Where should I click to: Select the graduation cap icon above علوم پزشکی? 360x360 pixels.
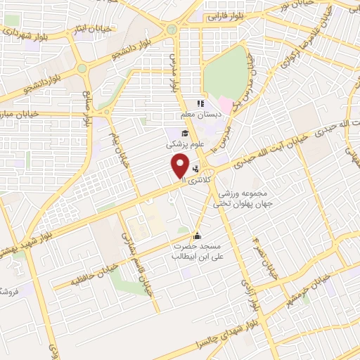tap(185, 133)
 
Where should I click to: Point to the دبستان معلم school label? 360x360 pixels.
tap(199, 115)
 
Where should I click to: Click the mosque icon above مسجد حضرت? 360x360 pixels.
tap(196, 236)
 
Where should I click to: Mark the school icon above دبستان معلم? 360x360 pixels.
tap(200, 103)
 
